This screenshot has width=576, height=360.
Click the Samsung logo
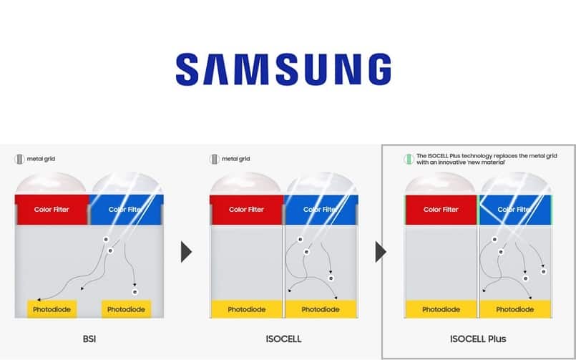(283, 69)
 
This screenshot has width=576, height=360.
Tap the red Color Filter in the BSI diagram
(52, 209)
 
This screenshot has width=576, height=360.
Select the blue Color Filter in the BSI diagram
(127, 209)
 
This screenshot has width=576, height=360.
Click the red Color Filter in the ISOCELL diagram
(247, 209)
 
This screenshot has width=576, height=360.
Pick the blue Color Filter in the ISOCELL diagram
(321, 209)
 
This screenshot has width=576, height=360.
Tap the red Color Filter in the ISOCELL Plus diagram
(441, 209)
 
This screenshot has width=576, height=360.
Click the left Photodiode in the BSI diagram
(51, 309)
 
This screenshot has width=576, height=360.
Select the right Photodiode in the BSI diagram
(126, 309)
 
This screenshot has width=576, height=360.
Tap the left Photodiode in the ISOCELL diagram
(246, 309)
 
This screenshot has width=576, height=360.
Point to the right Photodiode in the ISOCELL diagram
(321, 309)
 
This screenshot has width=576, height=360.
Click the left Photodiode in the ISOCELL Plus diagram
(441, 309)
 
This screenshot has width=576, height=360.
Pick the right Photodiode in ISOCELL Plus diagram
(516, 309)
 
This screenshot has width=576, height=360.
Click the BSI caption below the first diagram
(89, 338)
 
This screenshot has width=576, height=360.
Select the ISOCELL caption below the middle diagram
(283, 338)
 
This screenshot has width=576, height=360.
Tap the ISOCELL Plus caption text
(479, 338)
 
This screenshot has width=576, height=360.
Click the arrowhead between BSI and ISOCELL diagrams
(186, 251)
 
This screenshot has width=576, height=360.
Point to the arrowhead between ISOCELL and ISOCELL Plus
(381, 251)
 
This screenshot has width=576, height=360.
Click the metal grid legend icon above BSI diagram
(19, 159)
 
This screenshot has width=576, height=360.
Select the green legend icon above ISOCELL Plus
(409, 159)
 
